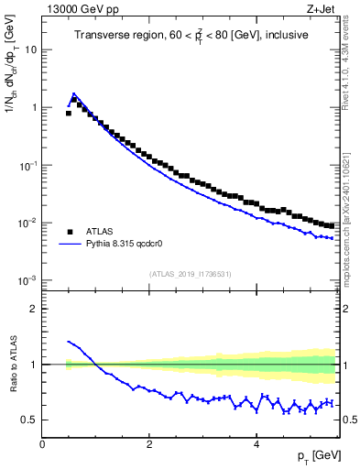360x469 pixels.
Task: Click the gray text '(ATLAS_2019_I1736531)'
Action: [190, 274]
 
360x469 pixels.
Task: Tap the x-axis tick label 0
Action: [43, 444]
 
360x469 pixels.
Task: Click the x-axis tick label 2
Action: [149, 444]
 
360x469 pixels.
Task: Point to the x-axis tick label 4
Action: [256, 444]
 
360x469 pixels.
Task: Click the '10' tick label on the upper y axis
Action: [30, 49]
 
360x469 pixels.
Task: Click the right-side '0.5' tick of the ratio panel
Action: [349, 420]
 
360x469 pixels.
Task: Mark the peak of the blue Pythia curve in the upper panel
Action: [73, 93]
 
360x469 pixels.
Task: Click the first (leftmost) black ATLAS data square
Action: [69, 113]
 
